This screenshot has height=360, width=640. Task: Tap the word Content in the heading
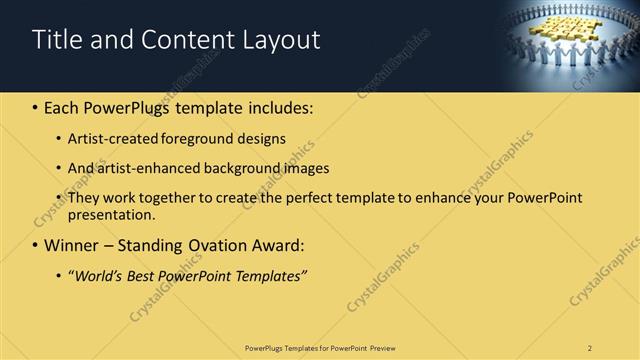[x=182, y=40]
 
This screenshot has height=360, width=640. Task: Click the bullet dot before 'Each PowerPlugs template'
[x=36, y=107]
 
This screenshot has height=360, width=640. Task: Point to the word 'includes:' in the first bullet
[x=278, y=107]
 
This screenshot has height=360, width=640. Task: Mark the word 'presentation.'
[x=112, y=214]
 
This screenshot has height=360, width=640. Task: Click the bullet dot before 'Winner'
[x=36, y=245]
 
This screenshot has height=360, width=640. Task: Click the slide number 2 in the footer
[x=590, y=347]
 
